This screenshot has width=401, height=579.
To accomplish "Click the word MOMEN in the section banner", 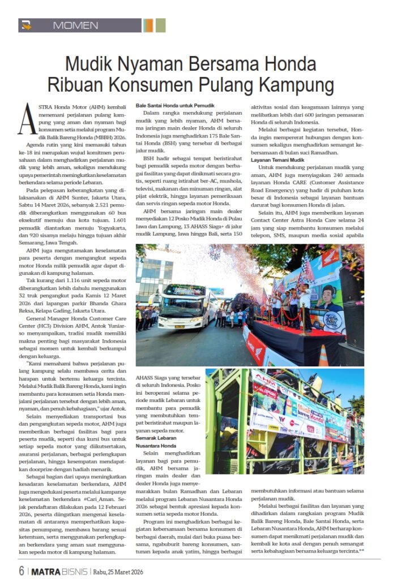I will [75, 25].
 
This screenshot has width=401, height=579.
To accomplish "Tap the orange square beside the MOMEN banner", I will [148, 25].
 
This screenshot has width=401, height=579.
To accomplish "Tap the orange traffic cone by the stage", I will [324, 355].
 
